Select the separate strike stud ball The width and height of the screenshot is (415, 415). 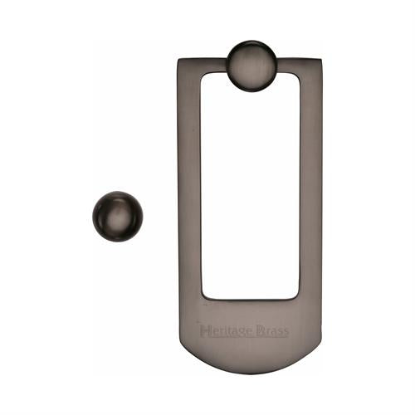(117, 216)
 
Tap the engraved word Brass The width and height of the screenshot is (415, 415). (273, 332)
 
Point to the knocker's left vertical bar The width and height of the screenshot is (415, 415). (189, 191)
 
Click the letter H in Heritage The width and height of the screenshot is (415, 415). (205, 332)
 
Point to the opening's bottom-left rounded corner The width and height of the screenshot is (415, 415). (204, 295)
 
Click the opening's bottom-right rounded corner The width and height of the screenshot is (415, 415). (296, 295)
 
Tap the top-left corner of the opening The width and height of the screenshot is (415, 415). (203, 76)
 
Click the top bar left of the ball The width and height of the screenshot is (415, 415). (204, 66)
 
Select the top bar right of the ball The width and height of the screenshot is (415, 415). (299, 66)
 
